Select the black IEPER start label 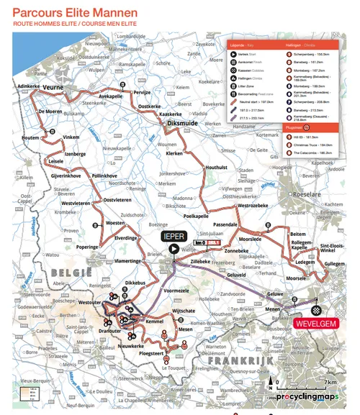pos(174,235)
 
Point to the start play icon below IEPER pos(174,249)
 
